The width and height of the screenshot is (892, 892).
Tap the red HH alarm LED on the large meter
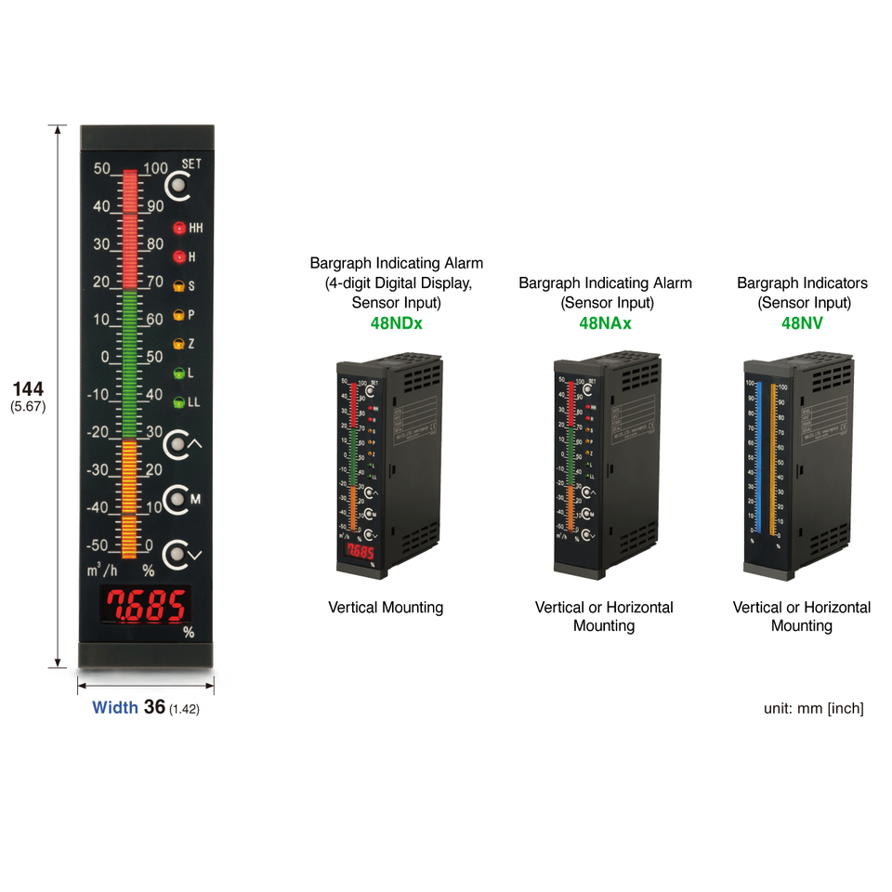(x=179, y=228)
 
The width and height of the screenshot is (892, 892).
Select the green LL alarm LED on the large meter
(x=179, y=402)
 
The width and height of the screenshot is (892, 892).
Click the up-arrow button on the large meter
(x=177, y=446)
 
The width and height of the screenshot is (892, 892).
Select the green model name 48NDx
(x=396, y=323)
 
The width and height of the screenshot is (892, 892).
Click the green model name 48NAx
(x=605, y=323)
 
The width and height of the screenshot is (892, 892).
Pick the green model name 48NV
(x=801, y=323)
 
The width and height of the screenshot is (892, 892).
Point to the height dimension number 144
(x=28, y=388)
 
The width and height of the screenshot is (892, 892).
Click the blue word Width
(x=115, y=708)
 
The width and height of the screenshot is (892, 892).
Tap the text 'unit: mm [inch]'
(x=813, y=708)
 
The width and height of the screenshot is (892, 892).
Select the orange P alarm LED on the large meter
(x=179, y=315)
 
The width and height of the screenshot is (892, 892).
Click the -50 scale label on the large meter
(x=98, y=545)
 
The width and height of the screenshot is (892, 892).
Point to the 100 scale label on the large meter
(x=155, y=169)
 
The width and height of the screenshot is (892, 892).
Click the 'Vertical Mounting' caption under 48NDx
(x=386, y=608)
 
